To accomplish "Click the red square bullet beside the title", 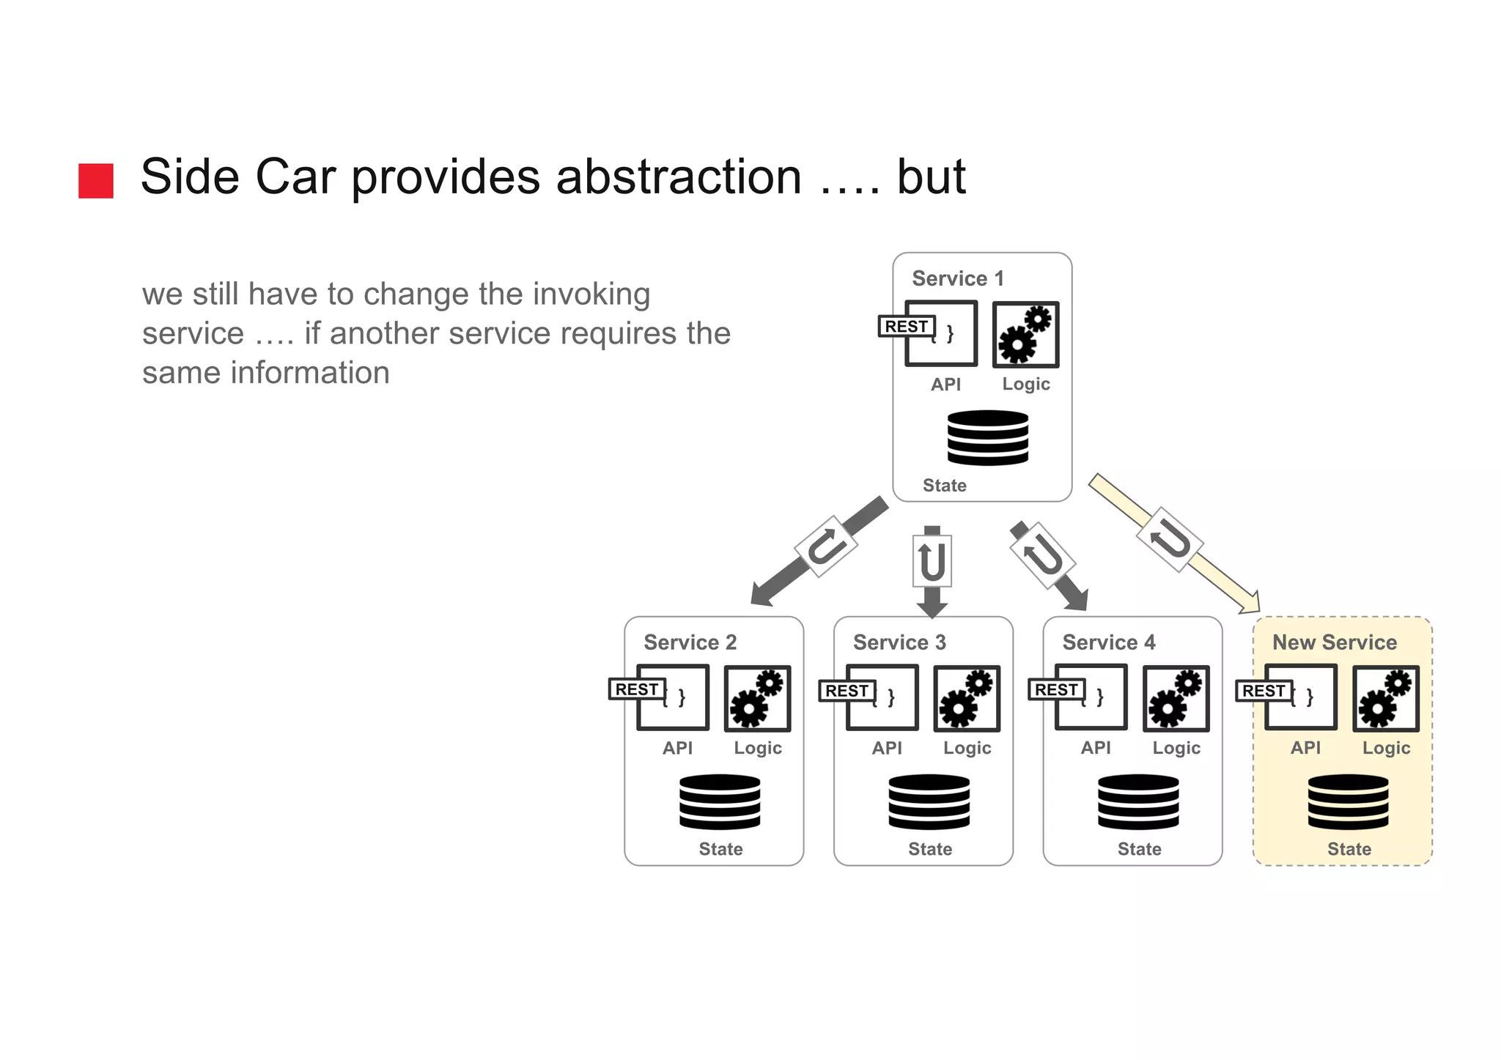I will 96,180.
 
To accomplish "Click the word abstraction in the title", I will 679,177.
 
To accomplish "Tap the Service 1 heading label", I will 957,278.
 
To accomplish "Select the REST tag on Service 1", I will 906,326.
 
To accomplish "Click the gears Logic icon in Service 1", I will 1025,334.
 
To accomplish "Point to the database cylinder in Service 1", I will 987,437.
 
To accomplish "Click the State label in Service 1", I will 944,485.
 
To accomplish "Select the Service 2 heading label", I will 690,642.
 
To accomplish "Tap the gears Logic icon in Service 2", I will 757,698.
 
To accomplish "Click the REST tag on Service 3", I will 846,690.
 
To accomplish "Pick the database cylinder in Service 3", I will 929,801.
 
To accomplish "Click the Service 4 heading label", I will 1108,642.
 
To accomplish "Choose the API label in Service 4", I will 1096,748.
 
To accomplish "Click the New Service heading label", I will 1335,642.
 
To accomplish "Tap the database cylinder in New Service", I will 1348,801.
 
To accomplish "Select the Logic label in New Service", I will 1386,748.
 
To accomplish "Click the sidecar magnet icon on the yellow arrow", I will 1170,540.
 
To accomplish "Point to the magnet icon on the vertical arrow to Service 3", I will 932,561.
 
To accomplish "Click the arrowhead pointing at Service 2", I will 764,593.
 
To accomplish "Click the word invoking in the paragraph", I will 591,294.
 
